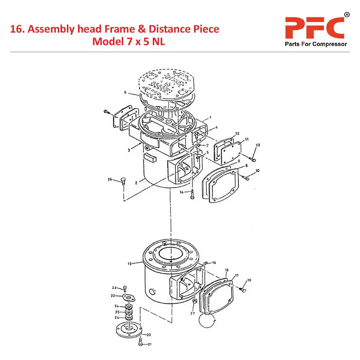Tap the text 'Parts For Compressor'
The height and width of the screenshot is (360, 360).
[315, 44]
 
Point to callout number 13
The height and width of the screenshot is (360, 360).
[258, 145]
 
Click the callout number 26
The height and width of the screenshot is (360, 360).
[109, 180]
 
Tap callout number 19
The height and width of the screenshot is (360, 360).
[249, 280]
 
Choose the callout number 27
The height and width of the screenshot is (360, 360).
[192, 313]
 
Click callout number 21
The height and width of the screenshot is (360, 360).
[150, 344]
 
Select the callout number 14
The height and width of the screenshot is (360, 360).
[181, 192]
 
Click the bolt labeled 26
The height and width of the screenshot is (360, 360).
[122, 182]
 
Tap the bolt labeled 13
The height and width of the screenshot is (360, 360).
[253, 157]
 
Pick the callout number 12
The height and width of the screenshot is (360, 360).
[237, 134]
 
